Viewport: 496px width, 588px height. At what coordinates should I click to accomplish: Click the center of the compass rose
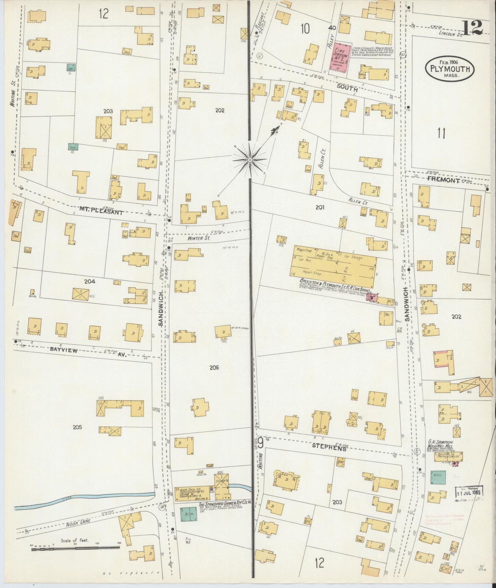pos(250,160)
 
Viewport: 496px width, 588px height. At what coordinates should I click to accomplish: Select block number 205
pos(78,427)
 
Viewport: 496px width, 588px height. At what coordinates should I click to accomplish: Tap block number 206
pos(214,368)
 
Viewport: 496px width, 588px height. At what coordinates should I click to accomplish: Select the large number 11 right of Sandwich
pos(441,133)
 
